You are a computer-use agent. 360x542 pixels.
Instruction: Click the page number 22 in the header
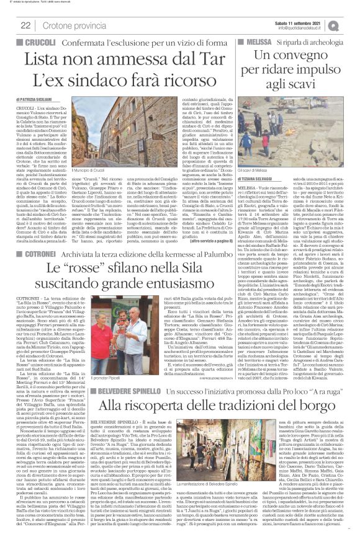click(x=26, y=25)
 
